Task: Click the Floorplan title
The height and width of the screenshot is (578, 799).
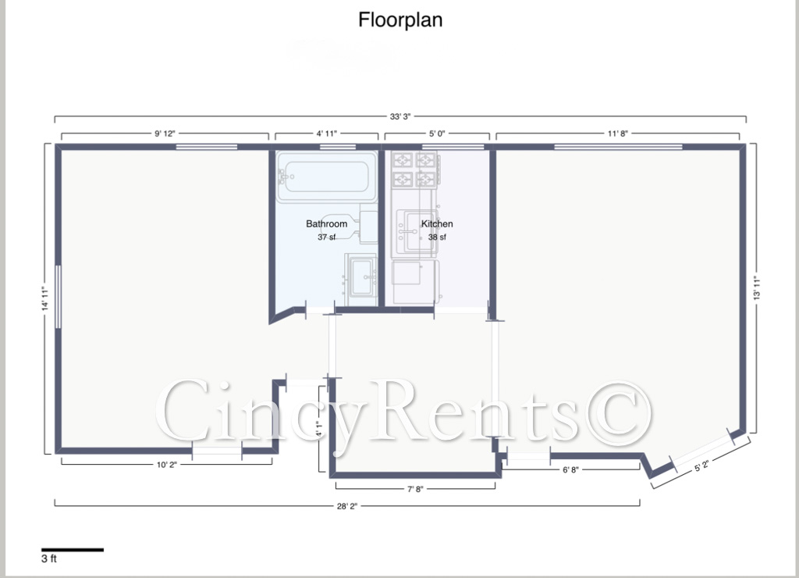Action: click(x=400, y=20)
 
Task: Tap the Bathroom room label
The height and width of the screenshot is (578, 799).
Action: click(x=327, y=223)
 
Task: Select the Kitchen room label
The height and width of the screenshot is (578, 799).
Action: click(x=437, y=223)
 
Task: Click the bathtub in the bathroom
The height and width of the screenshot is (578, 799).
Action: click(x=323, y=177)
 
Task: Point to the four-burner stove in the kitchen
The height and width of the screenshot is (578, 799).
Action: click(x=414, y=169)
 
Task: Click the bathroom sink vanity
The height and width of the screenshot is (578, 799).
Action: click(x=360, y=279)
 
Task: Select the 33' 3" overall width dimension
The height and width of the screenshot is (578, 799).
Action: click(x=400, y=116)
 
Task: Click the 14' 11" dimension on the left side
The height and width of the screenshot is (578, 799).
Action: click(x=45, y=298)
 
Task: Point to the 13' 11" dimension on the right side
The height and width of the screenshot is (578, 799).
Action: click(x=757, y=287)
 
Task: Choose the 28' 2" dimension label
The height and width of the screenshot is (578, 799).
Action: click(x=347, y=506)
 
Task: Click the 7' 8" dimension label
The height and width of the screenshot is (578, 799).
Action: click(x=415, y=489)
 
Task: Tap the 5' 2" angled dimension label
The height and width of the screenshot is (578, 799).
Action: click(x=701, y=466)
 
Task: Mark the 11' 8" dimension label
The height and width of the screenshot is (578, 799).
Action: click(x=618, y=133)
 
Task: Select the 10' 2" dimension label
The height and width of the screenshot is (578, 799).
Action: click(x=167, y=465)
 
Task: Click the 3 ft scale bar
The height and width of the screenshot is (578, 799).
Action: click(x=73, y=550)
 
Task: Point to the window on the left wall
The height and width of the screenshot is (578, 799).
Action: click(x=58, y=296)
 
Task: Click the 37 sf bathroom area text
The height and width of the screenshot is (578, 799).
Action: click(x=327, y=237)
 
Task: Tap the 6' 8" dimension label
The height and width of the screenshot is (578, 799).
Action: click(x=570, y=470)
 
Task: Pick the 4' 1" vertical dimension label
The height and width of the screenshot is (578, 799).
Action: click(x=319, y=429)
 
